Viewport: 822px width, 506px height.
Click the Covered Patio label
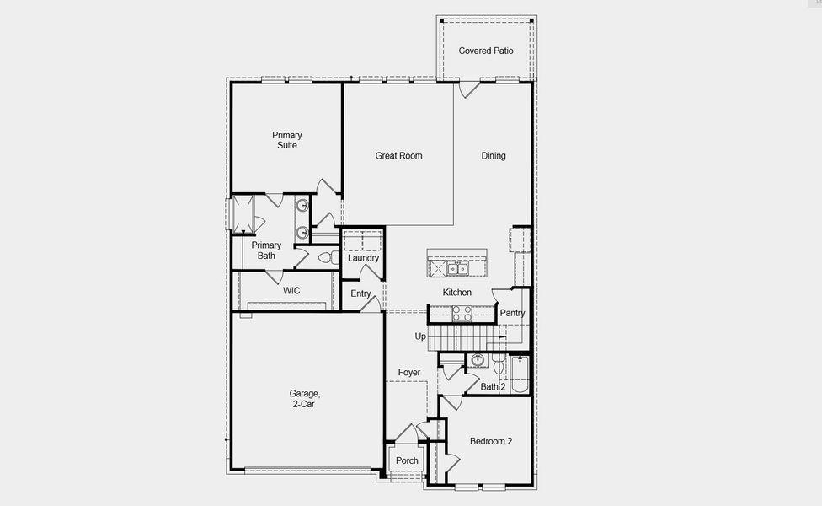486,51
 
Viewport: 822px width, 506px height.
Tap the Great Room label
398,155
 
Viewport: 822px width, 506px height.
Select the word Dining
494,155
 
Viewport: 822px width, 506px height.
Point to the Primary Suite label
286,140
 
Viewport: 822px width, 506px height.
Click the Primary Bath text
266,250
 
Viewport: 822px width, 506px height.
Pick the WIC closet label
291,290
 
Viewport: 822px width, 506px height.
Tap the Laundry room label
364,258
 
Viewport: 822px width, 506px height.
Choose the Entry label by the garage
360,293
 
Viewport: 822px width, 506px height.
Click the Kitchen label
457,292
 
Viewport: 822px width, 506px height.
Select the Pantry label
512,313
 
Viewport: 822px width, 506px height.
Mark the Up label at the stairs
420,336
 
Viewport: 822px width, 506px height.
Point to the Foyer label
409,372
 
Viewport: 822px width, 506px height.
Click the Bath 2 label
492,387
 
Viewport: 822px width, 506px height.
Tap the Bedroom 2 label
491,441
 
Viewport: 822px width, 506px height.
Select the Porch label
408,460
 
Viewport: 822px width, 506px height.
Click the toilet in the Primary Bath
327,256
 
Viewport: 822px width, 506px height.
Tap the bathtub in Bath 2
519,374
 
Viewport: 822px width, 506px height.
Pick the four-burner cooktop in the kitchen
462,313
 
